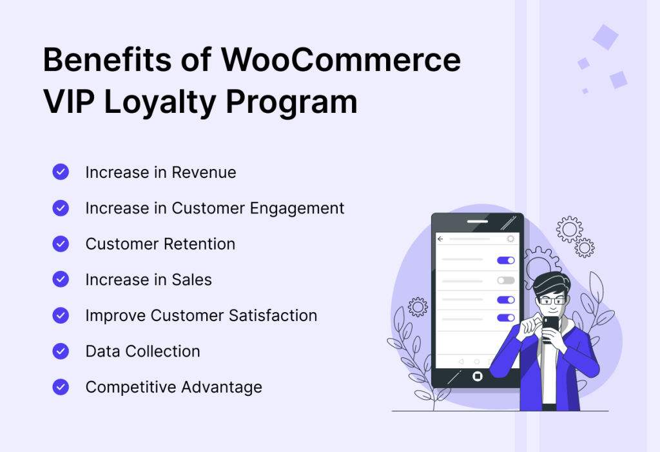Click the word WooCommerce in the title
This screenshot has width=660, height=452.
click(x=341, y=59)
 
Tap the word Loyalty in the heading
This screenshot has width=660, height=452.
click(x=160, y=103)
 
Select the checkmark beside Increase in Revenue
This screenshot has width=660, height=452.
click(x=61, y=172)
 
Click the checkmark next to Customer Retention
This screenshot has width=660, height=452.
click(x=61, y=244)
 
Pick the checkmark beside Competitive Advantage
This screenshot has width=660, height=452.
click(x=61, y=387)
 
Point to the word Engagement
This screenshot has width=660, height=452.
click(x=296, y=209)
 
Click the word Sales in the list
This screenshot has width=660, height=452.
click(x=195, y=280)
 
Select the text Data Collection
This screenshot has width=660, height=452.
click(x=142, y=351)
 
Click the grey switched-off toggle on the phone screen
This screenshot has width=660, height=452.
click(x=505, y=280)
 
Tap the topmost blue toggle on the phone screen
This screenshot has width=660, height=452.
click(x=505, y=260)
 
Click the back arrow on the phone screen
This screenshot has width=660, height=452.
click(x=440, y=239)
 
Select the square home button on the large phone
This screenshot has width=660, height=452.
click(x=478, y=376)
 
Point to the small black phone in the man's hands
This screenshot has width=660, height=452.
click(x=550, y=329)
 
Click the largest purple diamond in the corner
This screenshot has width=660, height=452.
click(x=606, y=37)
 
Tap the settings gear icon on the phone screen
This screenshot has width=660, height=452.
click(x=510, y=239)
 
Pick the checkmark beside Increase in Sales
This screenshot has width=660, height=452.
click(x=61, y=279)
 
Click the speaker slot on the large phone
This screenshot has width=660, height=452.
click(x=478, y=221)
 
